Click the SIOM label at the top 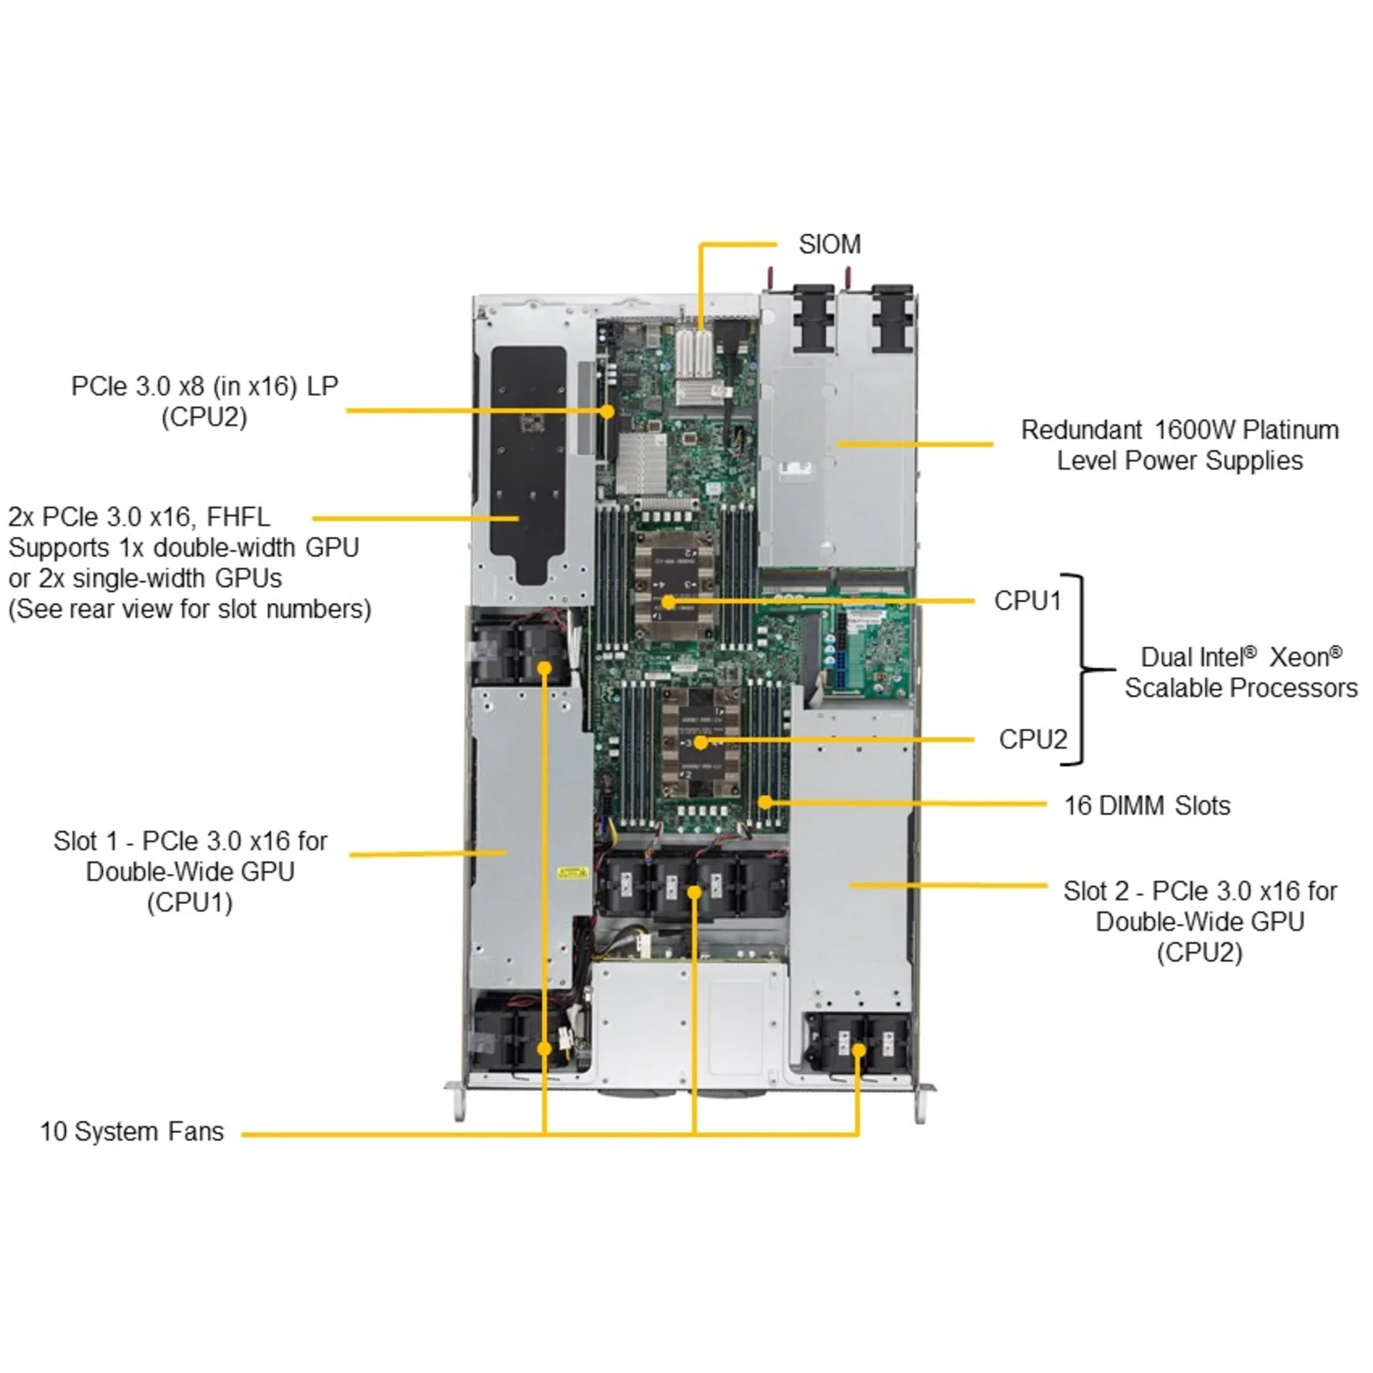pyautogui.click(x=829, y=245)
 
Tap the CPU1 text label pyautogui.click(x=1028, y=601)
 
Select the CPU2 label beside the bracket pyautogui.click(x=1033, y=739)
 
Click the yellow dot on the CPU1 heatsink pyautogui.click(x=667, y=602)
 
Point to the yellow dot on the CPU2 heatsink pyautogui.click(x=701, y=742)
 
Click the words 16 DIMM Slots pyautogui.click(x=1146, y=806)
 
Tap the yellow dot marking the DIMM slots pyautogui.click(x=765, y=802)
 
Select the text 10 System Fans pyautogui.click(x=132, y=1131)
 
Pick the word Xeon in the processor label pyautogui.click(x=1305, y=657)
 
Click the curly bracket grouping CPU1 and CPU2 pyautogui.click(x=1083, y=669)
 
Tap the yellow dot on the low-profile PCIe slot pyautogui.click(x=607, y=411)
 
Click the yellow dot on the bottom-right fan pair pyautogui.click(x=859, y=1050)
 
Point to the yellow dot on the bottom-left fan pyautogui.click(x=544, y=1048)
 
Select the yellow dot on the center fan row pyautogui.click(x=694, y=892)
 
